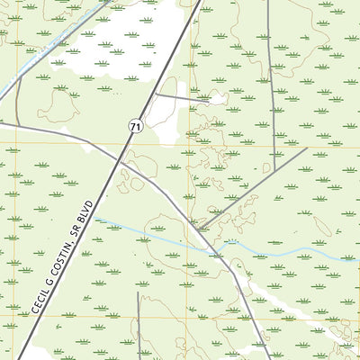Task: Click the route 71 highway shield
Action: (x=135, y=129)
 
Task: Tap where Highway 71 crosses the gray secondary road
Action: (x=120, y=161)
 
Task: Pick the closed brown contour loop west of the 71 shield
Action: (x=59, y=106)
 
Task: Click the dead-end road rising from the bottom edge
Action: (x=139, y=324)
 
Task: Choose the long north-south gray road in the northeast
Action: (x=270, y=72)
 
